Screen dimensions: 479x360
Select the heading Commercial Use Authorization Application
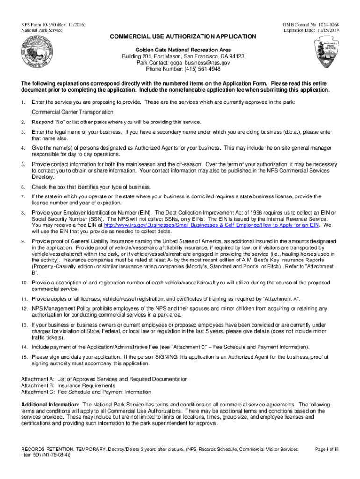pos(183,36)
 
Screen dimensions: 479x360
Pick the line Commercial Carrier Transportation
pos(72,112)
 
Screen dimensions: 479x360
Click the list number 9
pos(23,241)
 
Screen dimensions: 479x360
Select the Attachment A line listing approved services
pos(105,379)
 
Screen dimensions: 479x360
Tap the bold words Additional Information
pos(50,404)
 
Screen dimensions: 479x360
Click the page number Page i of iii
pos(327,450)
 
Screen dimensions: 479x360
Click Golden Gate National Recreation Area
pos(183,50)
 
